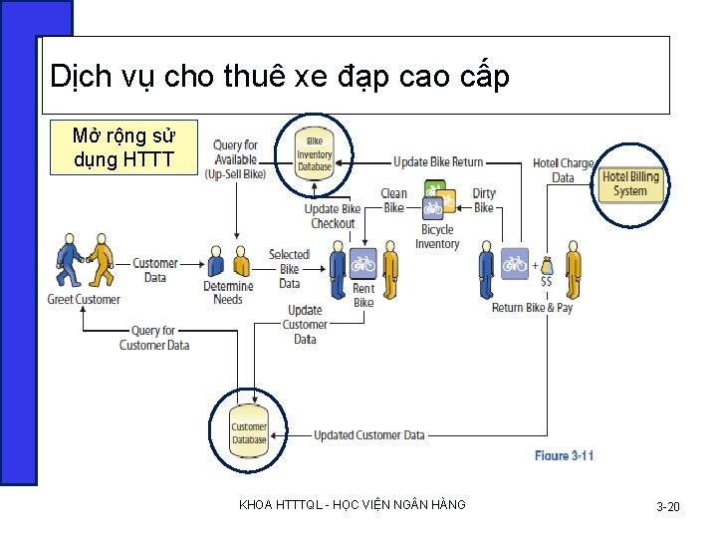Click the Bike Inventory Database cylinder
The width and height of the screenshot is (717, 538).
click(314, 154)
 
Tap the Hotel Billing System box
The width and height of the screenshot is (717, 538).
click(630, 183)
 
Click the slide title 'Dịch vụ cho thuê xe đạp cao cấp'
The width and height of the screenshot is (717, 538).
click(280, 77)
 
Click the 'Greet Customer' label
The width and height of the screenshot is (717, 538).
click(84, 300)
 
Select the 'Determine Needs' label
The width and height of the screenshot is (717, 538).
click(228, 293)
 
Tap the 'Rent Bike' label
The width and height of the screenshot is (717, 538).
click(364, 295)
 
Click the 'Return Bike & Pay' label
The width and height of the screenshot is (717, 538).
click(533, 308)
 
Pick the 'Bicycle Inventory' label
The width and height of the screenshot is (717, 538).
click(437, 237)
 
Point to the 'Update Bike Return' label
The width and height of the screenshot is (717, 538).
click(438, 162)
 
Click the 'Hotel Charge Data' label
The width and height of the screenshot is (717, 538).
click(564, 170)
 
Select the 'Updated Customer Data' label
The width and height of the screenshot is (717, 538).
click(369, 435)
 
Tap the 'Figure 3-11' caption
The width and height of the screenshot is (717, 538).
click(564, 455)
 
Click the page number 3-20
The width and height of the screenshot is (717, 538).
click(667, 507)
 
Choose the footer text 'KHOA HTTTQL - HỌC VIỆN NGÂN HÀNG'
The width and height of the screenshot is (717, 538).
click(353, 506)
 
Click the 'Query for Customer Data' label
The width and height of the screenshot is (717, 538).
click(154, 338)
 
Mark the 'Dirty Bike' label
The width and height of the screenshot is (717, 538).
click(484, 200)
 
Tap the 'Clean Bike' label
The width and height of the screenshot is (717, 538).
click(394, 200)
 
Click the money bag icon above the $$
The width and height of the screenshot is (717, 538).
click(546, 264)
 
